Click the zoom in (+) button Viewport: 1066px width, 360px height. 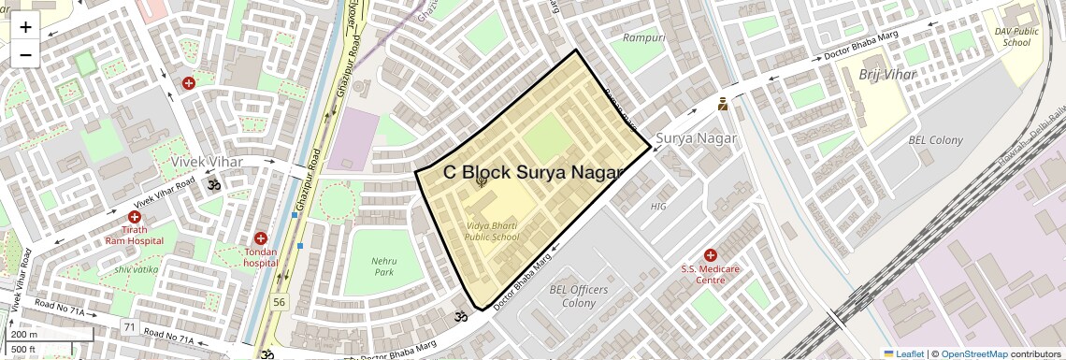(x=25, y=27)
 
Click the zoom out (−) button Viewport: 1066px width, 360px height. (x=25, y=55)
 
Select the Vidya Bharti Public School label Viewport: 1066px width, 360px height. (x=491, y=232)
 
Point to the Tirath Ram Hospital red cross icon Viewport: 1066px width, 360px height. (x=135, y=217)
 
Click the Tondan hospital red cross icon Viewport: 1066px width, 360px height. (x=261, y=238)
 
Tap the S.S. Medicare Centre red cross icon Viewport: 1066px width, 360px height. (x=710, y=255)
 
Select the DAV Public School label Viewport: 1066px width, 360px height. (x=1016, y=37)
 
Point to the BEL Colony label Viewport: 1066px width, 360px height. (x=935, y=140)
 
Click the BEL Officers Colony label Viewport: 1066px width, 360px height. (x=579, y=296)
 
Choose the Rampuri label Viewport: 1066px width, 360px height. (x=644, y=37)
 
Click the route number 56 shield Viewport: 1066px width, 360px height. (x=279, y=302)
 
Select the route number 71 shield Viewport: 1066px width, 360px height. (x=129, y=327)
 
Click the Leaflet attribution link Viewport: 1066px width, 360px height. (x=903, y=353)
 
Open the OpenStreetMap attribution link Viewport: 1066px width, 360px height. (x=973, y=353)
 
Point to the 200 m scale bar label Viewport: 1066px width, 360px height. (x=25, y=335)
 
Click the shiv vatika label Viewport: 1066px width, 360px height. (x=136, y=270)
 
